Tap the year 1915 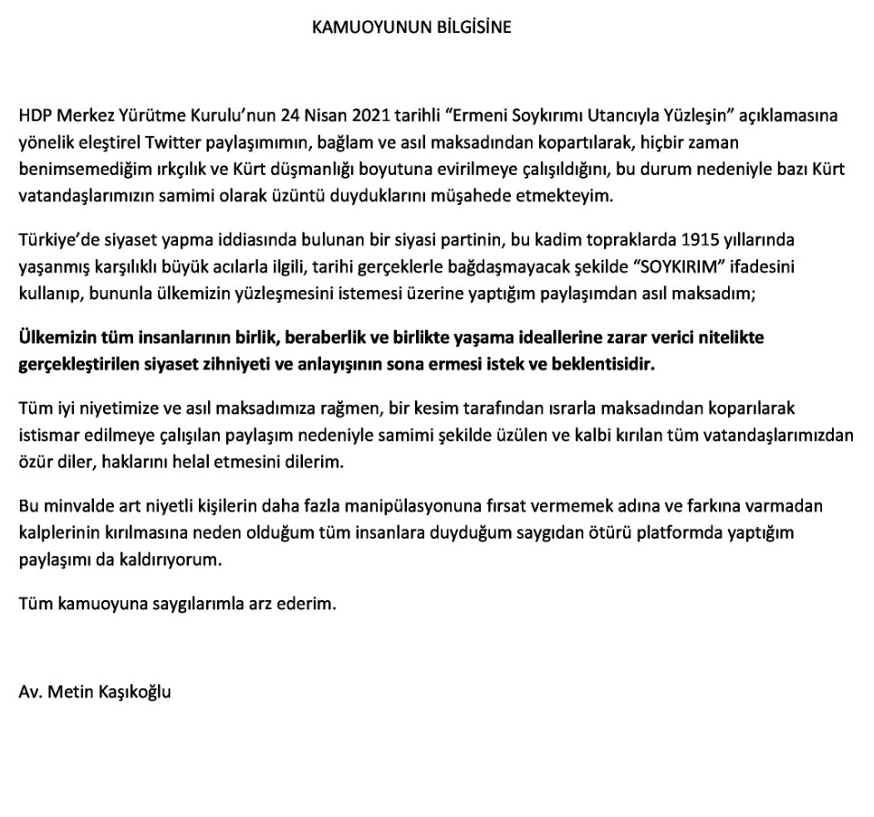click(x=700, y=241)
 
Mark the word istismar click(x=48, y=436)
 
